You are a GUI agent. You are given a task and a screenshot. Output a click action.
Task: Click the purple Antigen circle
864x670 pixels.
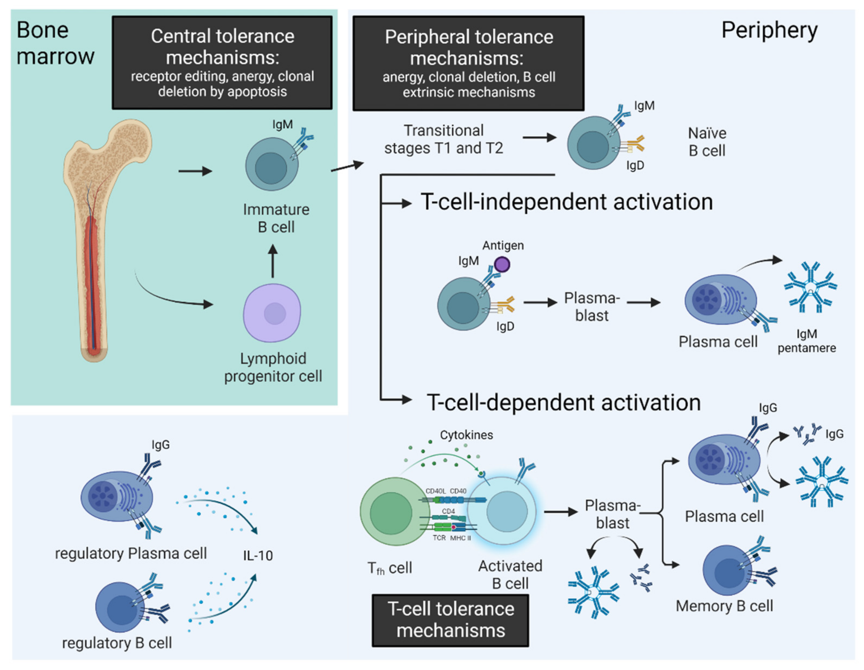click(502, 264)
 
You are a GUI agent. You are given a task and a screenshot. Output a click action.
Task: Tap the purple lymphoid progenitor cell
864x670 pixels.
click(272, 313)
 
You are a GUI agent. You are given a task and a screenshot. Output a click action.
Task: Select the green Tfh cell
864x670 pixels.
click(390, 511)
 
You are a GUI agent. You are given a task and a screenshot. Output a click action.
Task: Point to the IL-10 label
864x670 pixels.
click(258, 556)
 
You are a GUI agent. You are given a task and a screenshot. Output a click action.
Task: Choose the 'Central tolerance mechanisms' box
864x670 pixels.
click(222, 63)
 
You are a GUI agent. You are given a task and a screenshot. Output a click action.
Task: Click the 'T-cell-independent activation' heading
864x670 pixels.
click(567, 202)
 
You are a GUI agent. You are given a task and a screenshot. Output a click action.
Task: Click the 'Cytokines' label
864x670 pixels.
click(466, 435)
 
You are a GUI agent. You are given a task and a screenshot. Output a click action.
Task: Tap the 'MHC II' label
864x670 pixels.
click(460, 538)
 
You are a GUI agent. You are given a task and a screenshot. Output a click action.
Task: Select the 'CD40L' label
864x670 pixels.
click(435, 491)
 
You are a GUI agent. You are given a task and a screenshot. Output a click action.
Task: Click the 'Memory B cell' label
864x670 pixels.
click(724, 606)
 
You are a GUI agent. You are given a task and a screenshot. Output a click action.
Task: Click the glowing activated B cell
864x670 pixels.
click(506, 511)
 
